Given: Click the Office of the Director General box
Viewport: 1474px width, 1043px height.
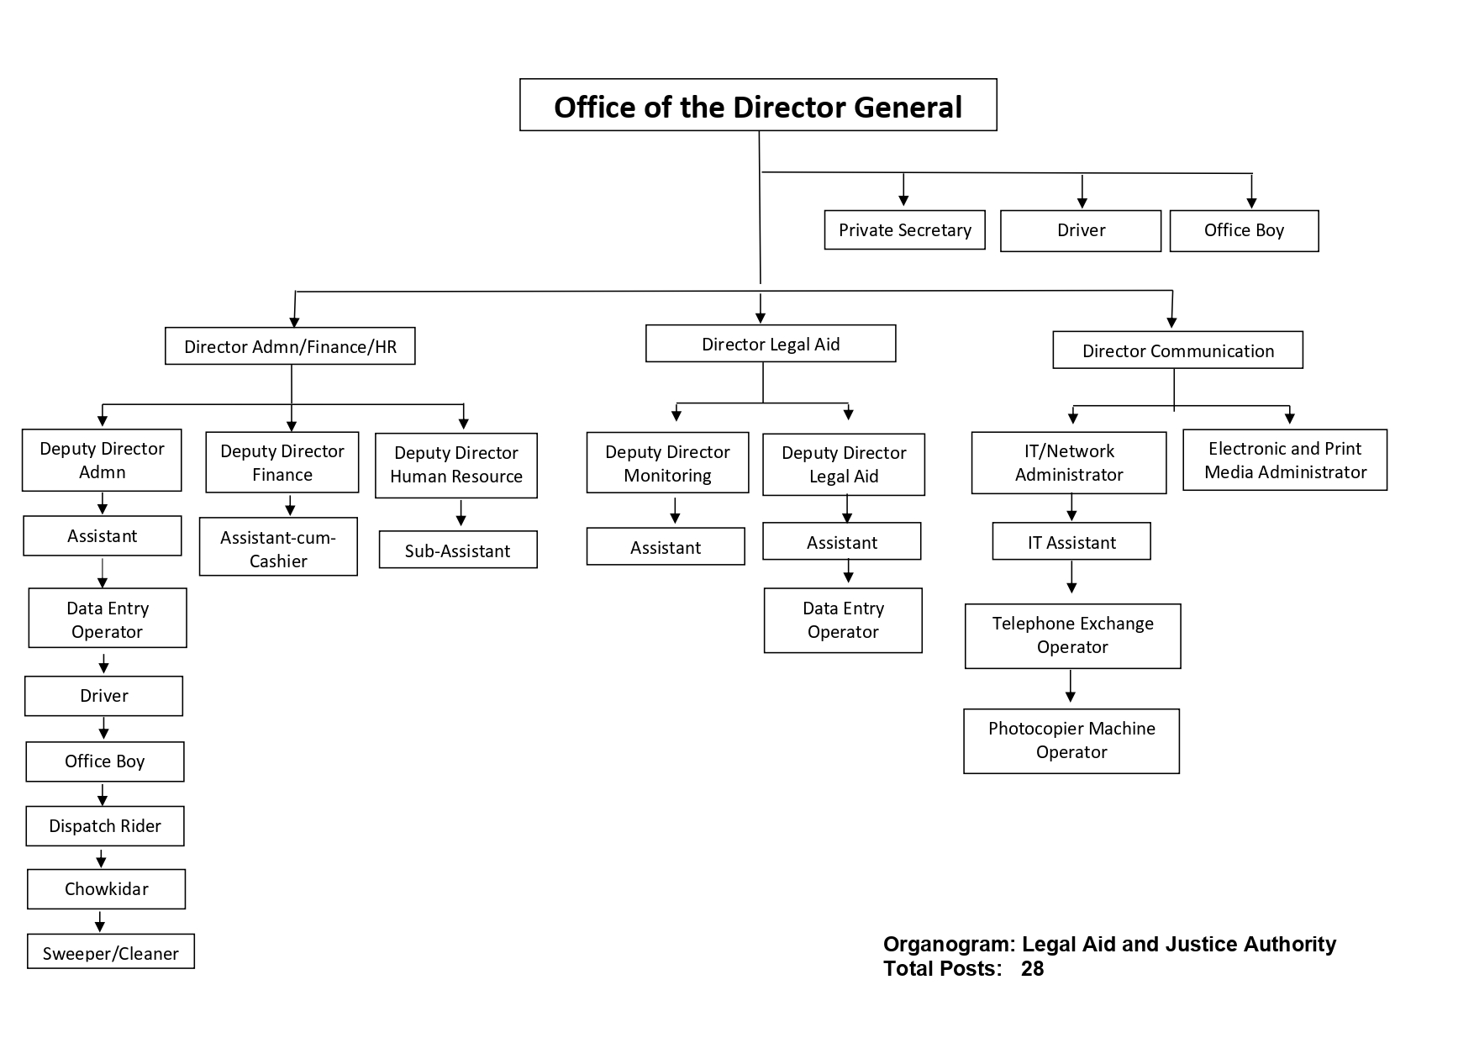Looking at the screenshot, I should tap(758, 106).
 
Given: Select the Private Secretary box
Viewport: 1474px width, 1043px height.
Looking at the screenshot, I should tap(904, 230).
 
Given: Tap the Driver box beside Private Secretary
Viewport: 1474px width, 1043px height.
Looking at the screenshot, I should tap(1081, 230).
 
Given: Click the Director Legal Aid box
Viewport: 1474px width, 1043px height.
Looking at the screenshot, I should tap(771, 344).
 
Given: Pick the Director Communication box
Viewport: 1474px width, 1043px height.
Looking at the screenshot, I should tap(1177, 350).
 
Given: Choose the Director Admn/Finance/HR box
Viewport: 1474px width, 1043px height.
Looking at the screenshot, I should tap(290, 346).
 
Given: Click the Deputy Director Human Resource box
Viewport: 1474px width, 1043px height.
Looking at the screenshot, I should tap(456, 465).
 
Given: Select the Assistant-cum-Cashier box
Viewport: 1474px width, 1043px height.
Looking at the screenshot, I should tap(278, 549).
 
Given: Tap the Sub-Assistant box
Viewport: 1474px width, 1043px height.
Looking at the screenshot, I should tap(457, 550).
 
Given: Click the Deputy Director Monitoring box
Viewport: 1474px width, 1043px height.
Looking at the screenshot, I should tap(667, 463).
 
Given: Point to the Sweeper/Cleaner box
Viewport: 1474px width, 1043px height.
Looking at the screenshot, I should tap(111, 952).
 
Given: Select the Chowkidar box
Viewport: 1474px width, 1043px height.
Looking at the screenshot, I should tap(106, 889).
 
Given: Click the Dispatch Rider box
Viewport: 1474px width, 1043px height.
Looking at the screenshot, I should tap(105, 826).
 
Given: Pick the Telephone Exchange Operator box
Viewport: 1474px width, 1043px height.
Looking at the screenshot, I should tap(1072, 635).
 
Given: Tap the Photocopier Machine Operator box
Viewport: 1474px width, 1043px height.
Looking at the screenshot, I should tap(1071, 740).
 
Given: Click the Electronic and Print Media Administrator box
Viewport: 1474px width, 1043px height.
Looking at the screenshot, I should tap(1285, 461).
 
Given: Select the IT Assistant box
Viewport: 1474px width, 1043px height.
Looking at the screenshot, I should tap(1071, 542).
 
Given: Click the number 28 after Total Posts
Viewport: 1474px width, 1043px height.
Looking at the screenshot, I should tap(1032, 969).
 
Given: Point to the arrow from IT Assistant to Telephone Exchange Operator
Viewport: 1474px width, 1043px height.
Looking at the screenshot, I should tap(1071, 578).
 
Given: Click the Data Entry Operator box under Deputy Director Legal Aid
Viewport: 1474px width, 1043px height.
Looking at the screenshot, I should tap(843, 620).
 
